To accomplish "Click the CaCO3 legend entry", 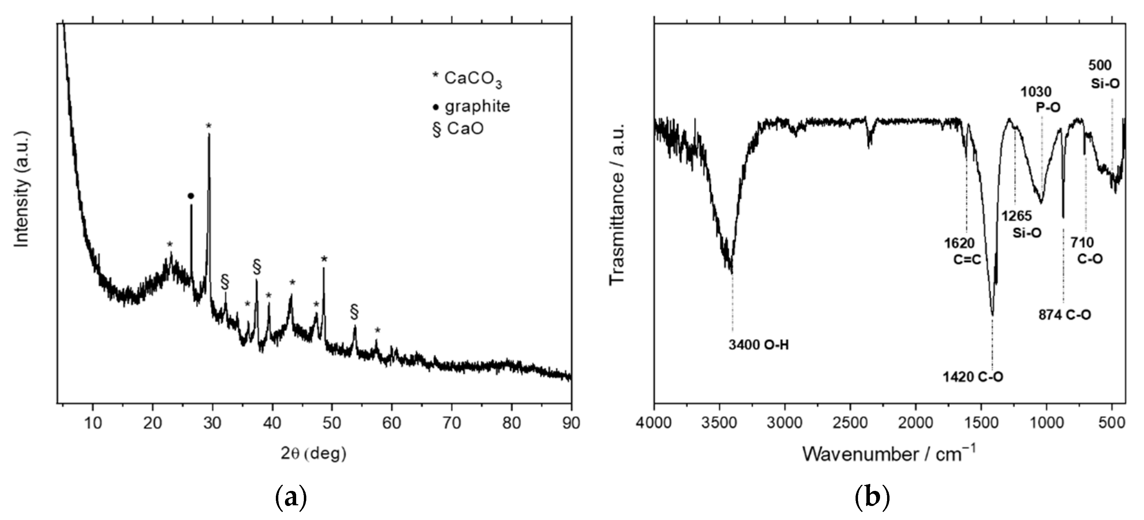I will pos(467,79).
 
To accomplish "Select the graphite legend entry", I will pos(472,107).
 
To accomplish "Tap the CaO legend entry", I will pos(458,129).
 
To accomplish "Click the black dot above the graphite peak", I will pos(191,196).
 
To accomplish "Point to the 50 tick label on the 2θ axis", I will pos(332,423).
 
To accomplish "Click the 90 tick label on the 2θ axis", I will pos(571,423).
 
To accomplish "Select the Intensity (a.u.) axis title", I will pos(22,189).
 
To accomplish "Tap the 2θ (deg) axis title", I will pos(314,454).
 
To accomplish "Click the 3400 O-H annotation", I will pos(759,345).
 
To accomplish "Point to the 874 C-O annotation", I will pos(1065,315).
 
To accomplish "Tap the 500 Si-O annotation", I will pos(1104,74).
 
